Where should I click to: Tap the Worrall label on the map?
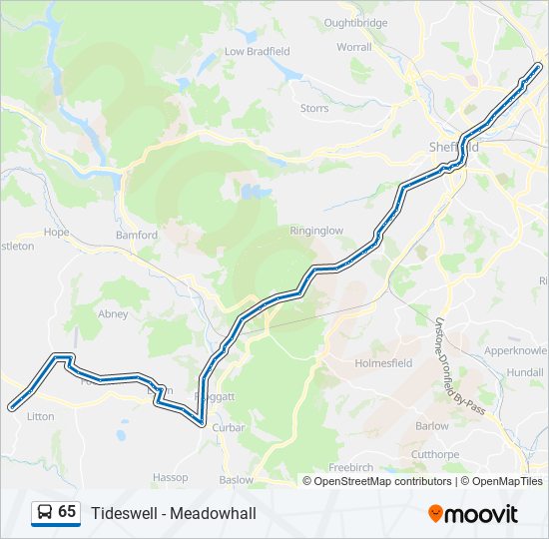(353, 47)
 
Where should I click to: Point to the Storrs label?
(314, 108)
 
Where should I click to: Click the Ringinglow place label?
(316, 231)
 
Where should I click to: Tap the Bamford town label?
(137, 236)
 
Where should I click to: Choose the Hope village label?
(57, 232)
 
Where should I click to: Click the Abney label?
(114, 313)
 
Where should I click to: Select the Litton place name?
(41, 417)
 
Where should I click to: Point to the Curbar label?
(229, 428)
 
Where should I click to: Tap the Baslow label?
(237, 480)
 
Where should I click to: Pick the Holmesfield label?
(383, 363)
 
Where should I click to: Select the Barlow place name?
(432, 425)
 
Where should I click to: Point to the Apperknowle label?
(516, 351)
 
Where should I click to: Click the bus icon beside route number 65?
(45, 513)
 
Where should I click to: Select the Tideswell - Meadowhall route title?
(174, 513)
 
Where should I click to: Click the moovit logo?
(473, 514)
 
